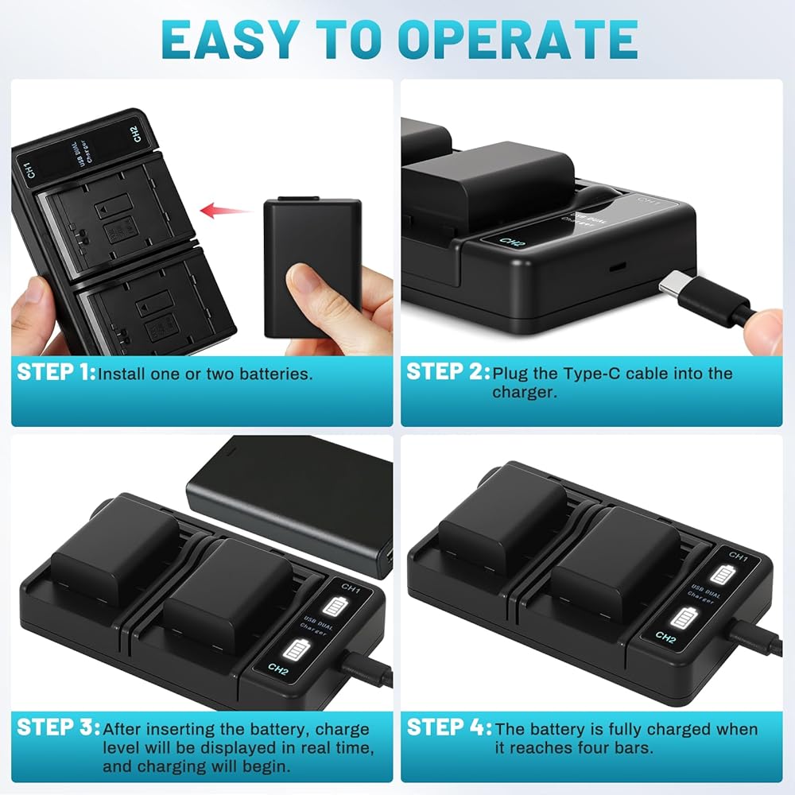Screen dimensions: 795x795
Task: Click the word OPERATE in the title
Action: (518, 40)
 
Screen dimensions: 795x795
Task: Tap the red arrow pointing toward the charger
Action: (226, 211)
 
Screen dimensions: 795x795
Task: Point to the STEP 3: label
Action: (58, 727)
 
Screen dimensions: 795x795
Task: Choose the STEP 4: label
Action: (448, 727)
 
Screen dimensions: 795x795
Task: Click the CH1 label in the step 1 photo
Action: (30, 170)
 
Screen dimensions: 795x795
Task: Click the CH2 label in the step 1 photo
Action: (135, 134)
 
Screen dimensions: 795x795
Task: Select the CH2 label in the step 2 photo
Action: (512, 242)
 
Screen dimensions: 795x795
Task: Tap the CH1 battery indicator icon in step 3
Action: (335, 607)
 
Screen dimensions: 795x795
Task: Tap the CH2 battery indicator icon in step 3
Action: (296, 650)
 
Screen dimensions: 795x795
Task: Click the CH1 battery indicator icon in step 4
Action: (720, 575)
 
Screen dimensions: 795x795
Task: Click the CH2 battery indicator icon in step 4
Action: (683, 619)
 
